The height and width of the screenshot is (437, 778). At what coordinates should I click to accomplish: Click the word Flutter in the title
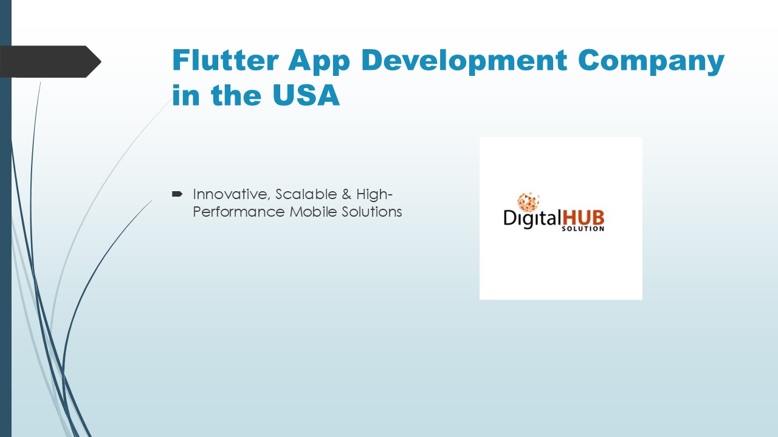coord(225,60)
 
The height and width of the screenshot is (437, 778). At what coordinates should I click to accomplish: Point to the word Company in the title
coord(652,60)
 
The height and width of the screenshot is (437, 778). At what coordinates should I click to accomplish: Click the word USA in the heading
coord(307,96)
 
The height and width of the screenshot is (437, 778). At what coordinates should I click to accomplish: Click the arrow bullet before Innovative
coord(177,194)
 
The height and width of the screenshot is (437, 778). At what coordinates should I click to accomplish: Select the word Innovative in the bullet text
coord(232,194)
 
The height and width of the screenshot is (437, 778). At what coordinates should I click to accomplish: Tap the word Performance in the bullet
coord(238,212)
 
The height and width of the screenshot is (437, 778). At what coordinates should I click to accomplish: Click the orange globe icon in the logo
coord(528,202)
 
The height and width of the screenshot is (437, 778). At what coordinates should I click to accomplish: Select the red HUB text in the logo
coord(583,217)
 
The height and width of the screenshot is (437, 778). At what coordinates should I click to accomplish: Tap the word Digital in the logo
coord(531,218)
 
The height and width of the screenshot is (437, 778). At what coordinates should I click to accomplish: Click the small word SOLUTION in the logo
coord(587,229)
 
